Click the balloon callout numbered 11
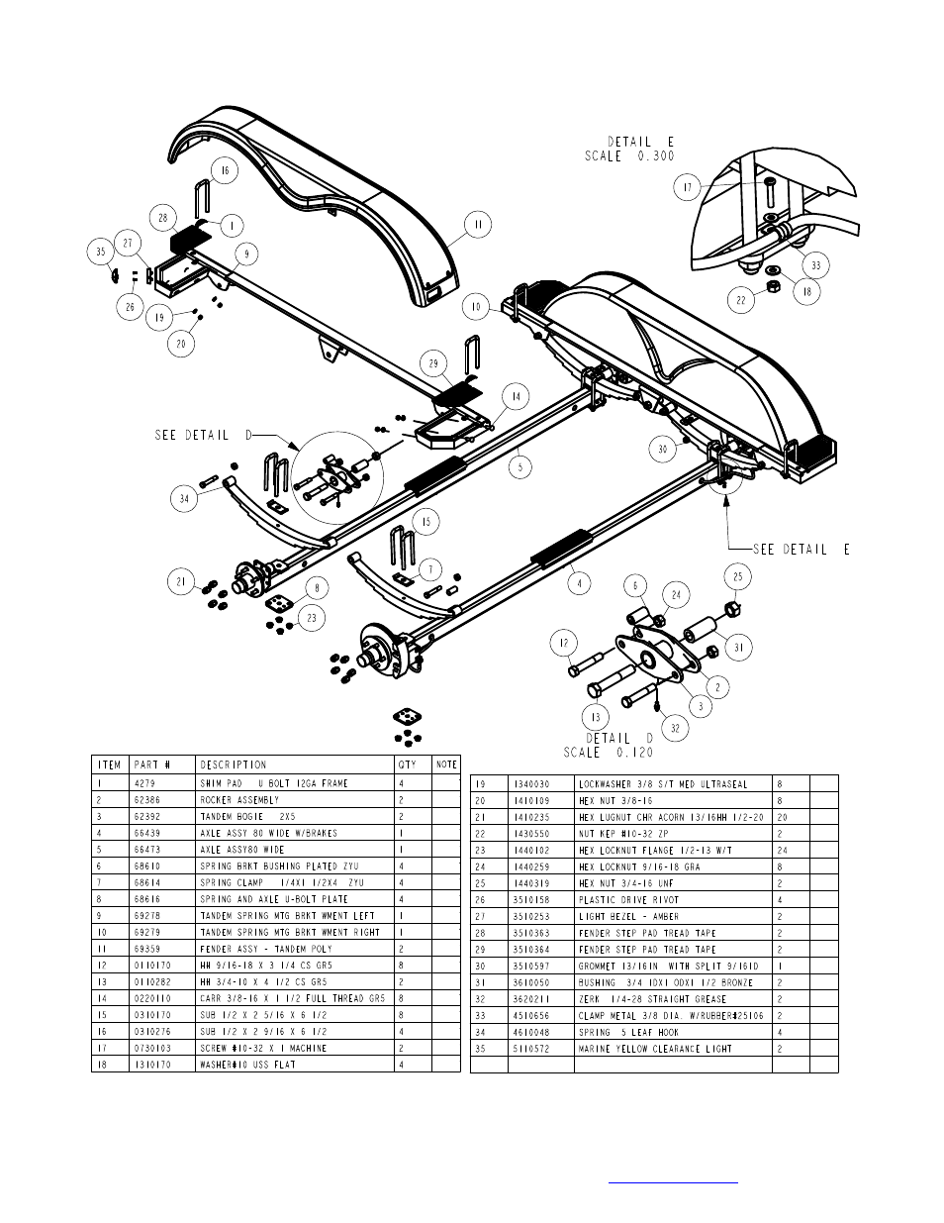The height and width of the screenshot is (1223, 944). point(478,226)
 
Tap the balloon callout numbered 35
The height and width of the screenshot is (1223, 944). point(100,252)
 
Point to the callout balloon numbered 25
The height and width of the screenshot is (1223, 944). point(737,577)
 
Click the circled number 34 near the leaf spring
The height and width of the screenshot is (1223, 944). point(184,498)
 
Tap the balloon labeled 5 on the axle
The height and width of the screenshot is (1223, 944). point(521,464)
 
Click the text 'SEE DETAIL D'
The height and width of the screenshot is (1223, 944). point(205,436)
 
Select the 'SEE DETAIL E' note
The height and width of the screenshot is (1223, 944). point(801,550)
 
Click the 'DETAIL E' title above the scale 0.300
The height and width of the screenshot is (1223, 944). point(636,142)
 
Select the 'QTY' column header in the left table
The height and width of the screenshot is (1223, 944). point(408,764)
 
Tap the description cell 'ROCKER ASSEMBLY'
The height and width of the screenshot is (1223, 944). point(239,800)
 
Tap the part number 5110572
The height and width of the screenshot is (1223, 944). point(529,1049)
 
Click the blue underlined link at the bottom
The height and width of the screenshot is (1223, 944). point(673,1180)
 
